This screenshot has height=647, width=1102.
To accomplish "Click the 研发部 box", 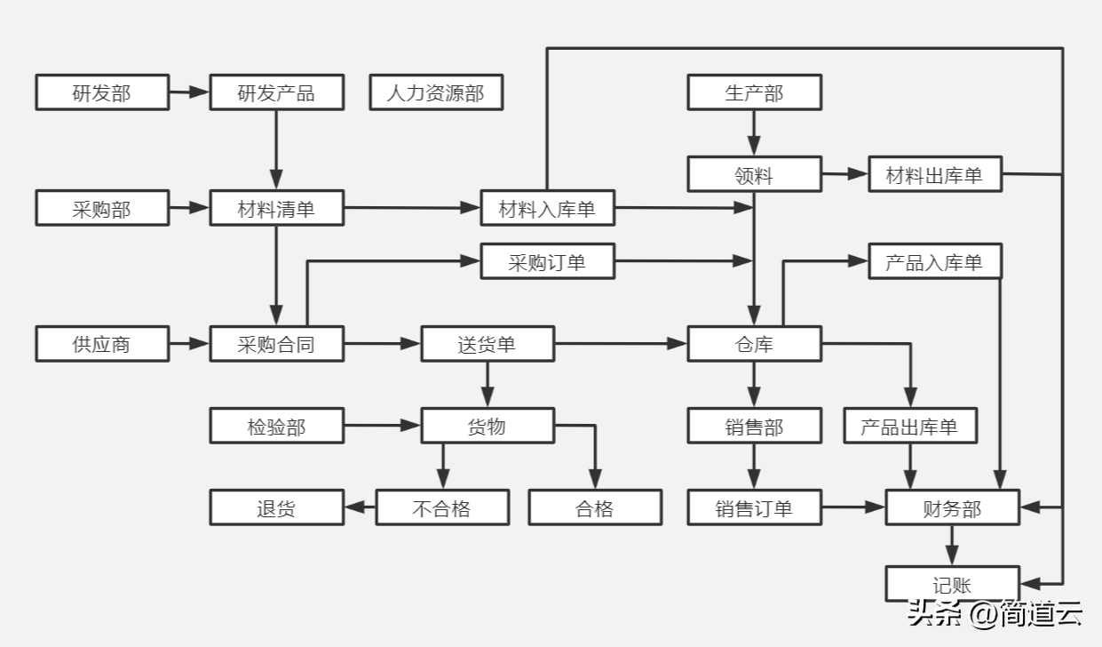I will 102,92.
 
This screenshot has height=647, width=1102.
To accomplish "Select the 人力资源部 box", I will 436,92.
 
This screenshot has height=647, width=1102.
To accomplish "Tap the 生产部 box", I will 754,92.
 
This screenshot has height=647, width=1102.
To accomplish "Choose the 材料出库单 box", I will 935,174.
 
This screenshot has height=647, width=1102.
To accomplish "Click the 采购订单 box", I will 547,261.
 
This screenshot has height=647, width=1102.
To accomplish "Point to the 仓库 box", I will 754,343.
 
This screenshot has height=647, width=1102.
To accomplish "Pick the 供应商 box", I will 102,343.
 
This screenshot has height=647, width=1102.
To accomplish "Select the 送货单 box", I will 487,343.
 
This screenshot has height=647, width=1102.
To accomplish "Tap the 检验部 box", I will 276,426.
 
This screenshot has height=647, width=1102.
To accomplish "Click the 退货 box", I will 276,507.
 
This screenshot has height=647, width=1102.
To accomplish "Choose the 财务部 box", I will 952,507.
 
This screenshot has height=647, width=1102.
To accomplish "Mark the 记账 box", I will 952,584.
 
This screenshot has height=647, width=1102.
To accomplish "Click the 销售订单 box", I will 754,507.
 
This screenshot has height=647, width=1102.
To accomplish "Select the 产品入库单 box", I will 935,261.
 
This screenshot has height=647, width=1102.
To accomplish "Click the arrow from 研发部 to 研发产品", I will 189,92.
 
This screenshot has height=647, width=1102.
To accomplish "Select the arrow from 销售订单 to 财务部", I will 853,507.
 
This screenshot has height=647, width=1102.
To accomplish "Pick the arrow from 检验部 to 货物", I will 382,426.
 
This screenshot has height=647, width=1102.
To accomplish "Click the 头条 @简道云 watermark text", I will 994,613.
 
